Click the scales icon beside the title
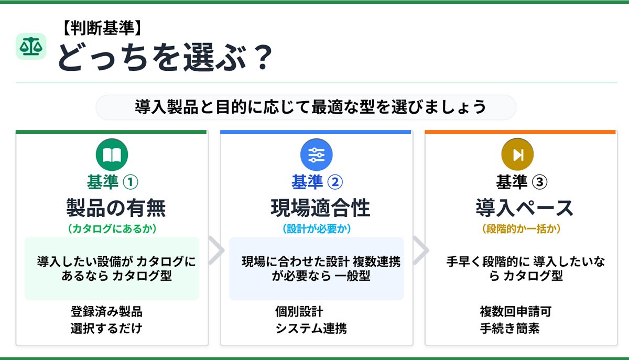coord(31,46)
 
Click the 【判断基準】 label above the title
coord(102,28)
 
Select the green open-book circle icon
coord(112,155)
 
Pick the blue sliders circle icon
coord(316,155)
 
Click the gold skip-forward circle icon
coord(517,155)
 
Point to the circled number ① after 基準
coord(131,182)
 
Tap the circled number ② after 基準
coord(335,182)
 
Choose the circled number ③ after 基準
coord(539,182)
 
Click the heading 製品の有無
coord(116,208)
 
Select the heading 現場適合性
coord(320,208)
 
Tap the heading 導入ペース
coord(525,208)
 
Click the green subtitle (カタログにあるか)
coord(112,229)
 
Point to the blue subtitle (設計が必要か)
coord(317,229)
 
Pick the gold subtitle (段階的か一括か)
coord(521,229)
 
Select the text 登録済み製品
coord(106,312)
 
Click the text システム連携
coord(311,328)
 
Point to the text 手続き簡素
coord(509,328)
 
